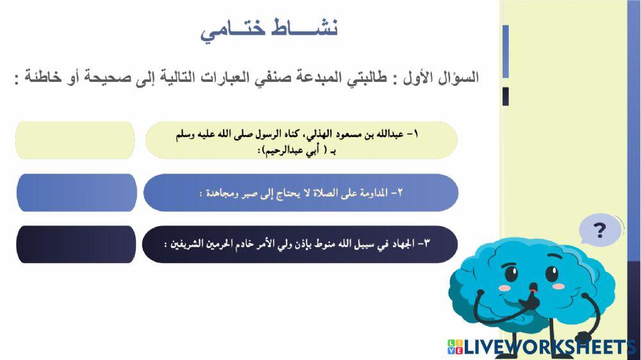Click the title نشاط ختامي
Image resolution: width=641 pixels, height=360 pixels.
click(269, 29)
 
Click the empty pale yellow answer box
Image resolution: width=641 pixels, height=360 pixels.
click(76, 140)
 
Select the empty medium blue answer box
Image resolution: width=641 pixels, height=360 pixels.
click(76, 192)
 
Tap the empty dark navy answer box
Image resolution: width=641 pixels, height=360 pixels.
click(76, 244)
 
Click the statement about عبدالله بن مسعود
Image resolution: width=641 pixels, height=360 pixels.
click(301, 140)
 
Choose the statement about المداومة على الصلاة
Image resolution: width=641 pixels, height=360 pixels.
click(301, 192)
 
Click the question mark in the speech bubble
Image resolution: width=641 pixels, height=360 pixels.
click(600, 230)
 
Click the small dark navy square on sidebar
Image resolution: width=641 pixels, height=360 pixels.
click(506, 96)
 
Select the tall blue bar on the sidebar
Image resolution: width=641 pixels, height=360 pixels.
click(506, 51)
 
